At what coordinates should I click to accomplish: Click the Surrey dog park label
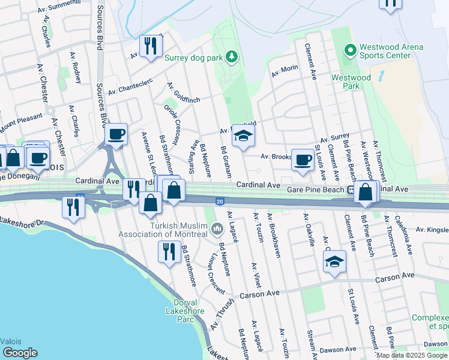pos(193,58)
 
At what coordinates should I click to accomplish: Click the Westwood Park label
pos(351,82)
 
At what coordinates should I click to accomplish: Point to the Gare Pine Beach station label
pos(315,189)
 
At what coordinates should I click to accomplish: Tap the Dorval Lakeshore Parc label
pos(185,311)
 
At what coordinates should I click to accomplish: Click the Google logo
pos(20,353)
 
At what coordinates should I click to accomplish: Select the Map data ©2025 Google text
pos(412,355)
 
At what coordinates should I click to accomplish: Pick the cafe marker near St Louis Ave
pos(303,159)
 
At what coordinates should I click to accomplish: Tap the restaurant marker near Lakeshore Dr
pos(73,208)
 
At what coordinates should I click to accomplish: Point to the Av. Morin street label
pos(285,71)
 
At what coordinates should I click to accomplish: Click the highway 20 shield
pos(220,200)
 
